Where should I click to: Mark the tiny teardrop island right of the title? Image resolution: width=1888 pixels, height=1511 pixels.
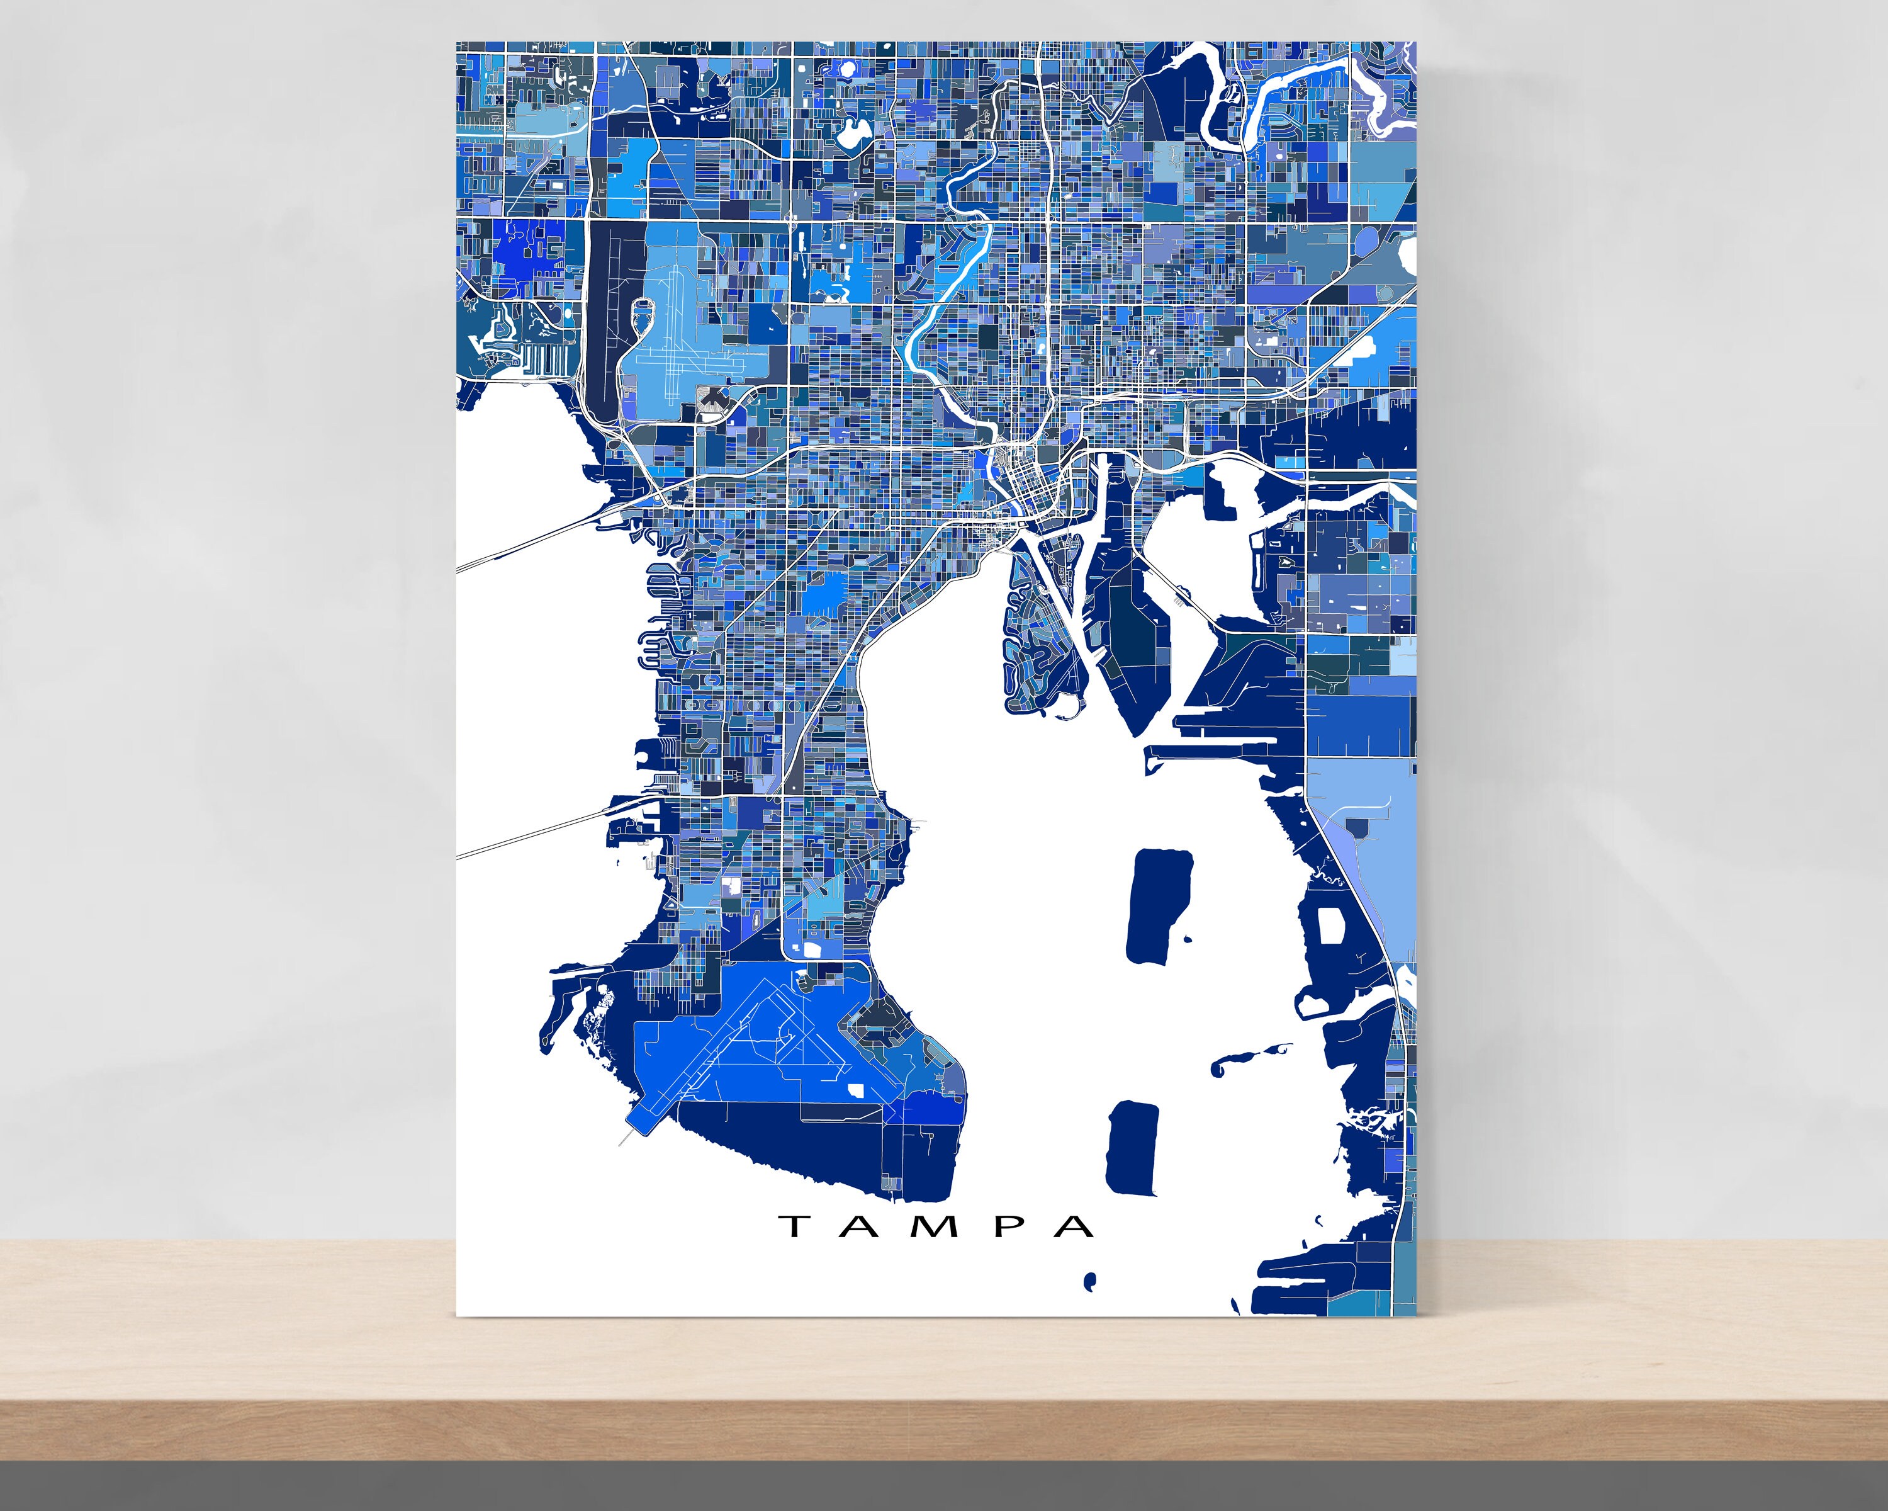(1089, 1281)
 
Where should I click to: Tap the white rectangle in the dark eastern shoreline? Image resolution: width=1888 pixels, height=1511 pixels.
(1331, 925)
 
